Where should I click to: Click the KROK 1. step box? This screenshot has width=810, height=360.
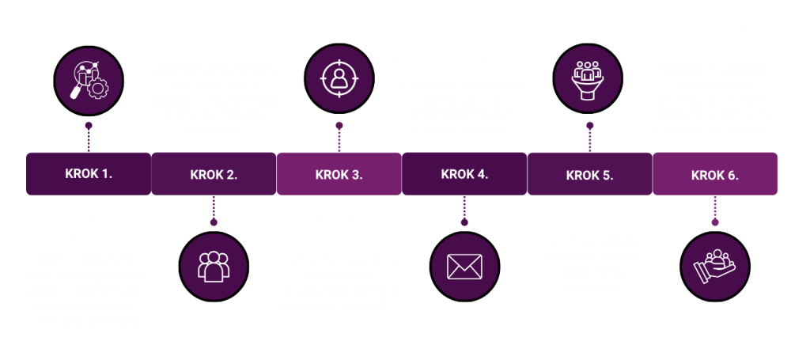(88, 173)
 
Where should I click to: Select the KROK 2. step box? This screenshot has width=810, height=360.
(214, 174)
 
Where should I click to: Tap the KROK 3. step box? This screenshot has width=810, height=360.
(339, 174)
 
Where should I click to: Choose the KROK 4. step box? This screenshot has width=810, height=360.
(464, 174)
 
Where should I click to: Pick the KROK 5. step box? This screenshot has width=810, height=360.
(589, 174)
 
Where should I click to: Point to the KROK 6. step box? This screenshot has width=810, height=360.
(715, 174)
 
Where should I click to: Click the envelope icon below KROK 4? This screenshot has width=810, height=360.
(464, 265)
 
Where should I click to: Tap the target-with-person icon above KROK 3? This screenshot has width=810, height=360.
(339, 78)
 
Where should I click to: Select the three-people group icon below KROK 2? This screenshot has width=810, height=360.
(214, 265)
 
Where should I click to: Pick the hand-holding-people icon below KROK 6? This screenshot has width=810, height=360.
(715, 265)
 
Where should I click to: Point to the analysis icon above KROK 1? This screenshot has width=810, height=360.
(88, 78)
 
